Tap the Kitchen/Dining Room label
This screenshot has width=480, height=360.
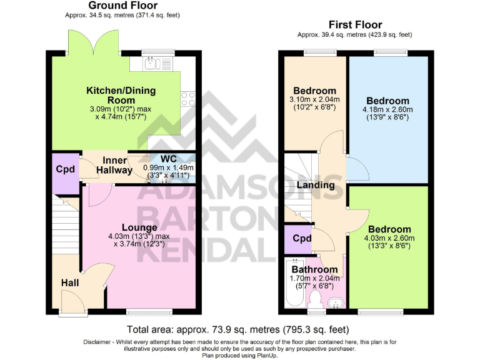click(x=121, y=95)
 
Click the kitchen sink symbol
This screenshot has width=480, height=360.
click(x=153, y=63)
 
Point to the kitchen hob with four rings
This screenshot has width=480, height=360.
click(x=188, y=99)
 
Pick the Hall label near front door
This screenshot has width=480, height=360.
click(x=70, y=283)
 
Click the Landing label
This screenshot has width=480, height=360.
click(x=315, y=185)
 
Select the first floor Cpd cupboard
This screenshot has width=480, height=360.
click(x=302, y=239)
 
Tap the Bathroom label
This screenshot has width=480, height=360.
click(x=314, y=269)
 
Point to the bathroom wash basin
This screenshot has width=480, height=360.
click(x=336, y=303)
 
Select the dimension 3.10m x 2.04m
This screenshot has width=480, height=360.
click(x=315, y=99)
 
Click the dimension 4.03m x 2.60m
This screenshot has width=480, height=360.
click(x=389, y=237)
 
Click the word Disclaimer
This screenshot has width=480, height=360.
click(x=100, y=342)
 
